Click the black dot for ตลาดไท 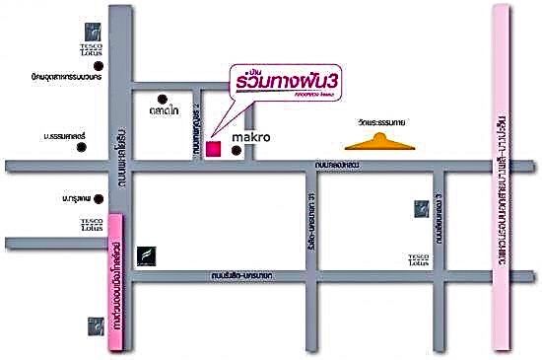point(163,100)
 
